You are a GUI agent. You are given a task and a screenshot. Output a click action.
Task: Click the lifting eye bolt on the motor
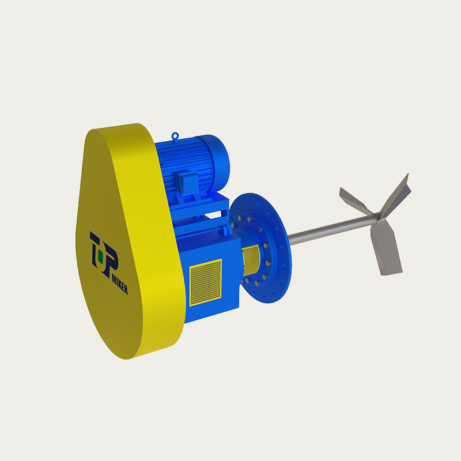coord(176,136)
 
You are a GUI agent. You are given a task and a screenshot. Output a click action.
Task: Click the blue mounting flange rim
coord(282,242)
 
